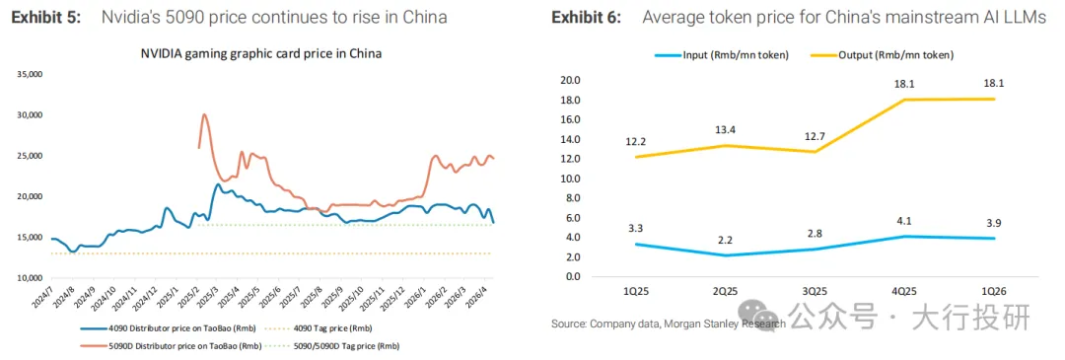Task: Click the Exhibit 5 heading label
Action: pyautogui.click(x=45, y=18)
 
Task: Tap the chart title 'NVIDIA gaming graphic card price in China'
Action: pyautogui.click(x=260, y=54)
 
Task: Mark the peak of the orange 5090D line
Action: pyautogui.click(x=204, y=114)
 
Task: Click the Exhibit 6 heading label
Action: pyautogui.click(x=586, y=18)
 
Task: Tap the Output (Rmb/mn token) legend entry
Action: pyautogui.click(x=882, y=55)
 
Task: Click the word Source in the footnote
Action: pyautogui.click(x=568, y=324)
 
